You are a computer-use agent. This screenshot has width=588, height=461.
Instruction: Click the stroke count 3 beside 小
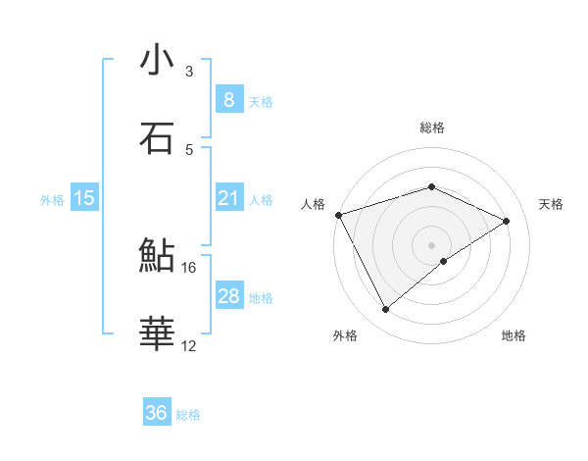tap(189, 72)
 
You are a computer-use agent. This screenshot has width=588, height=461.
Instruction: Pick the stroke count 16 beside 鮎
tap(189, 267)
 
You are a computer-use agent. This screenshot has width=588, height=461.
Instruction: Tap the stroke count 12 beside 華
tap(189, 345)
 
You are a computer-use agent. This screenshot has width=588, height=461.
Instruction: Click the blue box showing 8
tap(228, 100)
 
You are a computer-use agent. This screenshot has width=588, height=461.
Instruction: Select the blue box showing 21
tap(228, 199)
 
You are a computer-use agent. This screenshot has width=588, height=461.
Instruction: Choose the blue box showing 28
tap(228, 296)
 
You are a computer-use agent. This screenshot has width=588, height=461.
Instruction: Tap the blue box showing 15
tap(84, 199)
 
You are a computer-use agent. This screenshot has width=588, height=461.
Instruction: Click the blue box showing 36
tap(157, 413)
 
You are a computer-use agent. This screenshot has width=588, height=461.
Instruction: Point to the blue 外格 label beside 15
tap(52, 200)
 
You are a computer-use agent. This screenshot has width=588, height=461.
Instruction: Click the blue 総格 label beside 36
tap(189, 415)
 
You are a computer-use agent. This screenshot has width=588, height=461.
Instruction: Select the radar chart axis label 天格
tap(551, 204)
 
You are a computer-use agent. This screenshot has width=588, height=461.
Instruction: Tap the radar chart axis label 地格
tap(514, 335)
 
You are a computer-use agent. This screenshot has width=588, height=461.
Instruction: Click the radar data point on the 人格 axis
tap(338, 214)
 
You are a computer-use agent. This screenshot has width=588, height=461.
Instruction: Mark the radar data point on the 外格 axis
tap(385, 310)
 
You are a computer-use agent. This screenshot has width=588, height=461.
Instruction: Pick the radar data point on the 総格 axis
tap(431, 186)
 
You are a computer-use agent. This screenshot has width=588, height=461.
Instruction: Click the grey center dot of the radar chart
tap(431, 244)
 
